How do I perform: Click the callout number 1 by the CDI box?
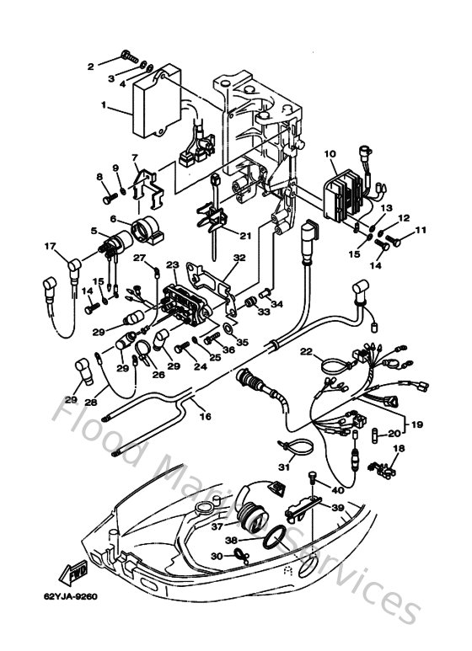[x=104, y=107]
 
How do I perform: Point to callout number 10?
[x=330, y=154]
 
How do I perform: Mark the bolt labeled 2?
[x=126, y=57]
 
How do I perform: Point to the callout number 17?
[x=50, y=246]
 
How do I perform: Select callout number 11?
[x=421, y=229]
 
